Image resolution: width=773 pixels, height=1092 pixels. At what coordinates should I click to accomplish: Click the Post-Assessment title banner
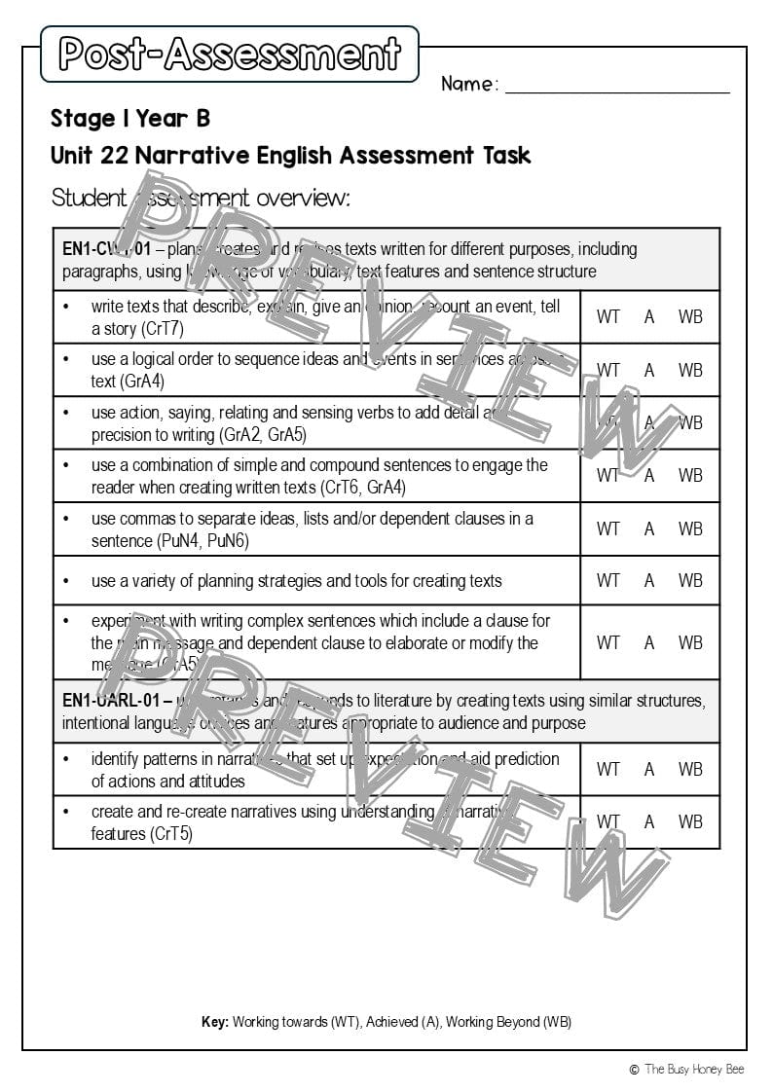tap(230, 54)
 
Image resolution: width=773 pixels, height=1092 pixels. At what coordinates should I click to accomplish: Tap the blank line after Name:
tap(617, 86)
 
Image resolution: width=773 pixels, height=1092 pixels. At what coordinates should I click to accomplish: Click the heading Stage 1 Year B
tap(130, 119)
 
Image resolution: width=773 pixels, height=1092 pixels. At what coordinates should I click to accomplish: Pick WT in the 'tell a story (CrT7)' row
tap(607, 316)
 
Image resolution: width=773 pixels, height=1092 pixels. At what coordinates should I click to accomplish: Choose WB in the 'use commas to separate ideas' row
tap(690, 528)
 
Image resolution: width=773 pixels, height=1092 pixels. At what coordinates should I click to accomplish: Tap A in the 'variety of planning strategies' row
tap(649, 581)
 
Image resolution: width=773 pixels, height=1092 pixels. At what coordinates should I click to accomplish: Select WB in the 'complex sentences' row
tap(690, 642)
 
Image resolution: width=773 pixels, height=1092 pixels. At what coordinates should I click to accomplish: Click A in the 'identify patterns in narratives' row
tap(649, 769)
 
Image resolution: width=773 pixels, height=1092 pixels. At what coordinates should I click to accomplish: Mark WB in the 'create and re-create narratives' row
tap(690, 821)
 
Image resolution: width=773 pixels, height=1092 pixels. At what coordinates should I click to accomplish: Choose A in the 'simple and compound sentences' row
tap(649, 475)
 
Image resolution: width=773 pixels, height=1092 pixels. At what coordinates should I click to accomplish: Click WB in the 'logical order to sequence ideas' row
tap(690, 370)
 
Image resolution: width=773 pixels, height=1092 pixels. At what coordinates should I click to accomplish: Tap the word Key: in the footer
tap(215, 1022)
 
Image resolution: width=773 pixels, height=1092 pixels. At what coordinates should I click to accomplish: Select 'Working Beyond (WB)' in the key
tap(508, 1022)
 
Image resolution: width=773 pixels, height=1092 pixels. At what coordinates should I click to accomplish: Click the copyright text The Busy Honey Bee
tap(694, 1069)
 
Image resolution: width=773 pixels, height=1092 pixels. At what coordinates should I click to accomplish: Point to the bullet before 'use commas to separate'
tap(66, 519)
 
